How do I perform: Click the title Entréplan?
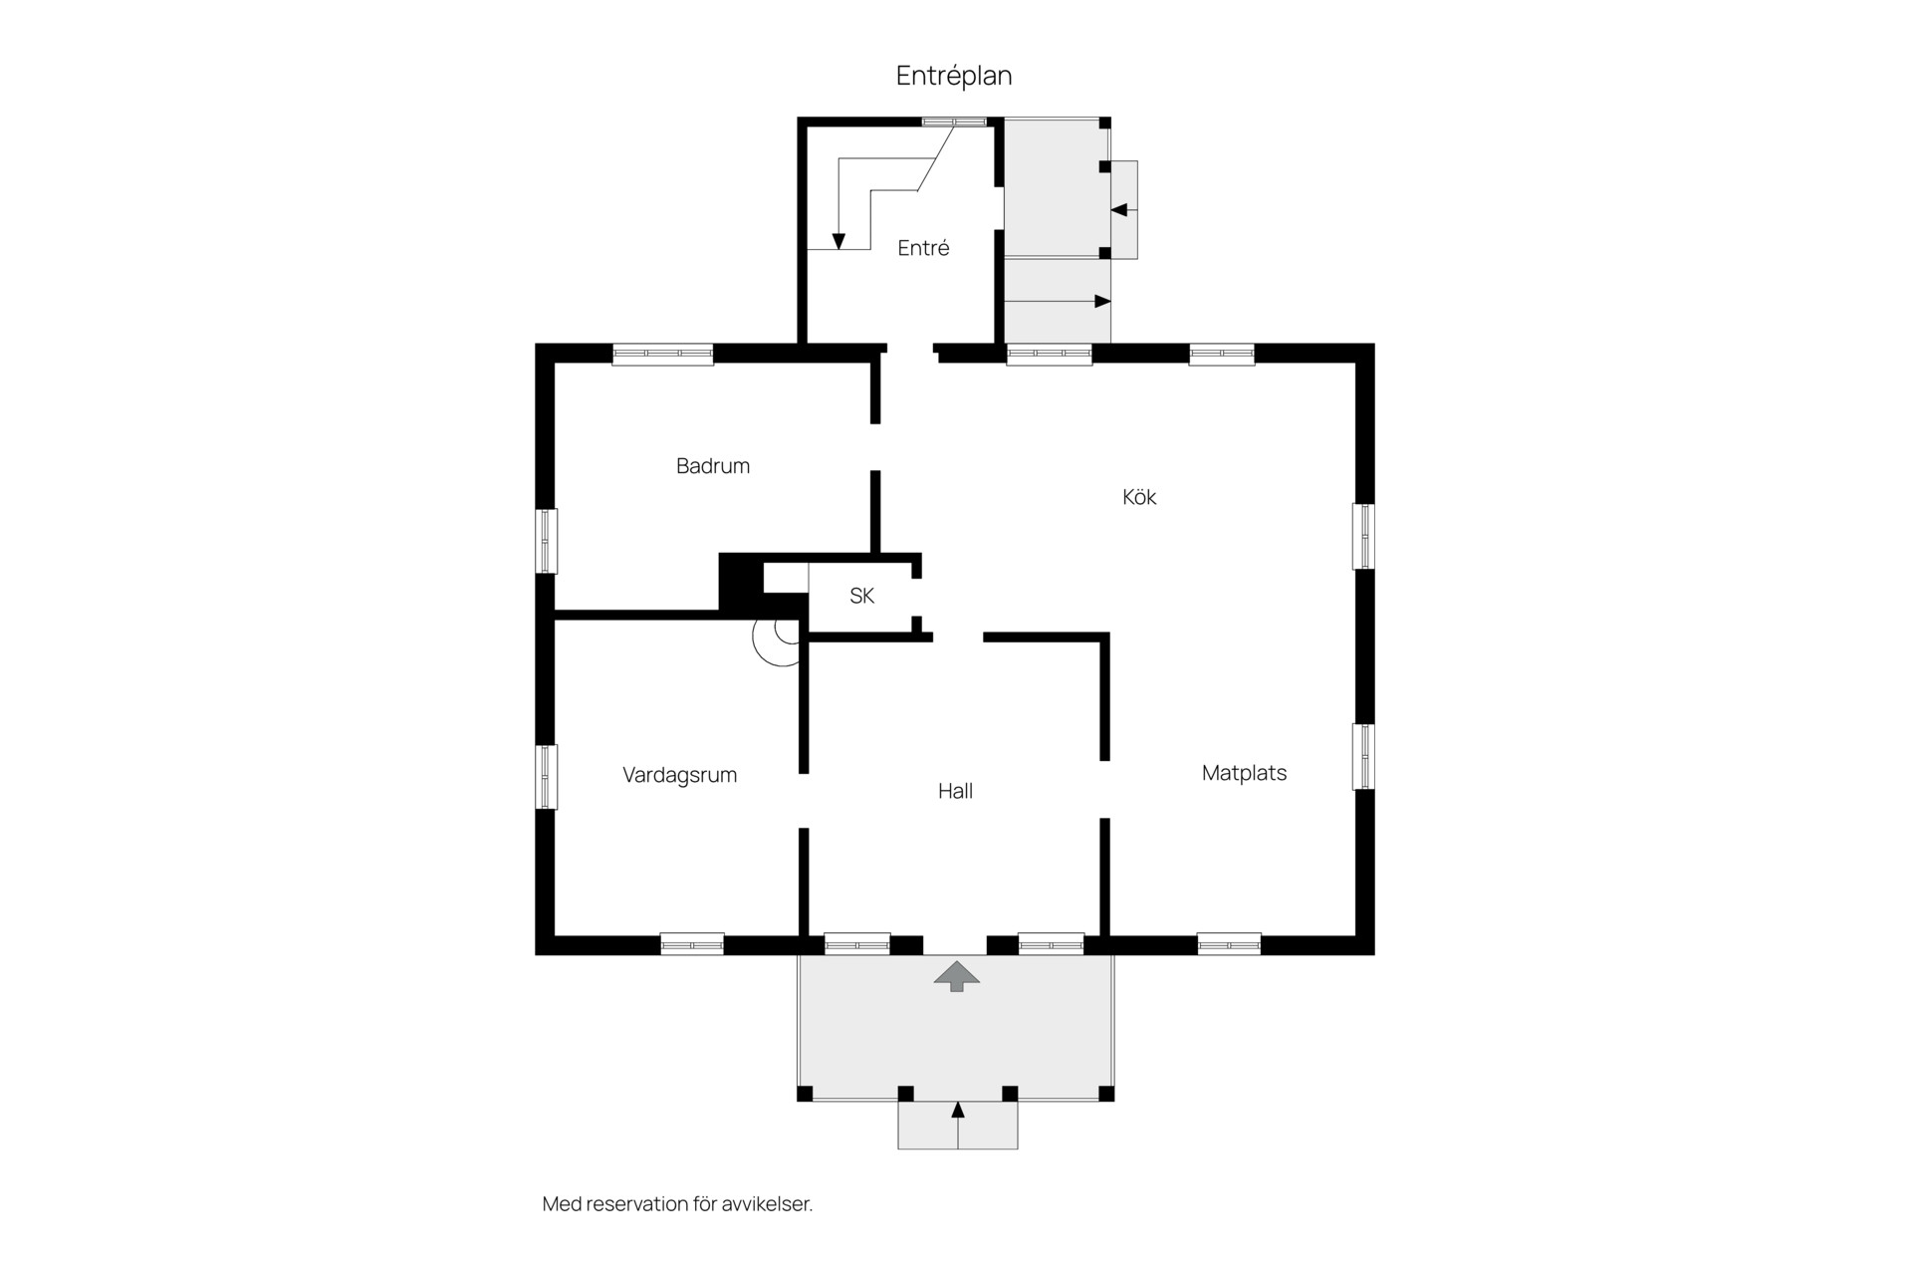(x=954, y=77)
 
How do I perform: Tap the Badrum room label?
(x=713, y=465)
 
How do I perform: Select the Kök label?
(x=1139, y=496)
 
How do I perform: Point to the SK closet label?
(x=862, y=596)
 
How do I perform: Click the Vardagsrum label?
(x=680, y=775)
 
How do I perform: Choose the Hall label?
(x=955, y=791)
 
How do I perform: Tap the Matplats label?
(x=1244, y=773)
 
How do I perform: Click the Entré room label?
(x=923, y=248)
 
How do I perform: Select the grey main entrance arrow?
(x=957, y=976)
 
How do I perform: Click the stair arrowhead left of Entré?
(x=838, y=241)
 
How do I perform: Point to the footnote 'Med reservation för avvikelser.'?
(x=677, y=1204)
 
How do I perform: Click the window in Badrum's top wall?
(x=663, y=354)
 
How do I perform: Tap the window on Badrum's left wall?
(x=546, y=541)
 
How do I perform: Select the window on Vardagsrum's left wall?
(x=546, y=777)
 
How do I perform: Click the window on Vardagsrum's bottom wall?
(x=692, y=943)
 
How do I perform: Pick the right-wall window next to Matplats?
(x=1363, y=757)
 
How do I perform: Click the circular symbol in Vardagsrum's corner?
(x=776, y=641)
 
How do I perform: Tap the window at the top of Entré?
(x=954, y=122)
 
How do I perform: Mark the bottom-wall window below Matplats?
(x=1229, y=943)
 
